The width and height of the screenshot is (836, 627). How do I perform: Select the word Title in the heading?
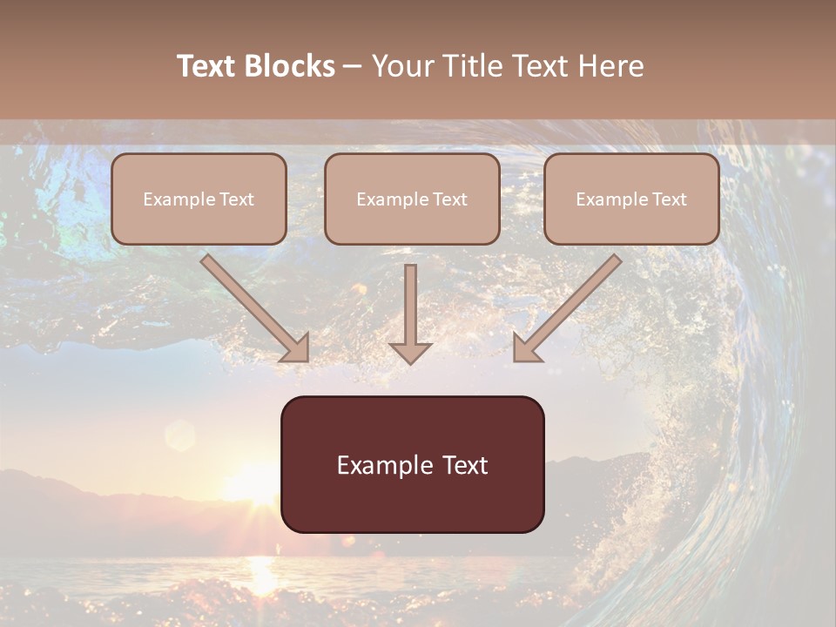pos(475,66)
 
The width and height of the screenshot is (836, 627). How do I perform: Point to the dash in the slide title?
pos(353,67)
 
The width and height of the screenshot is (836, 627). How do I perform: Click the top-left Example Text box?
pos(199,199)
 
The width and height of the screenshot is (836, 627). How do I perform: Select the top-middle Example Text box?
pos(412,199)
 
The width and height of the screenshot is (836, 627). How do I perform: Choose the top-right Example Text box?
pos(631,199)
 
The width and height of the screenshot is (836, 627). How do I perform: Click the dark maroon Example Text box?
pos(412,465)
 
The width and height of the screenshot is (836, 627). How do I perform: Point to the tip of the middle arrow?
pos(410,361)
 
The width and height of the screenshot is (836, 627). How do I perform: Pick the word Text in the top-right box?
pos(669,199)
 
